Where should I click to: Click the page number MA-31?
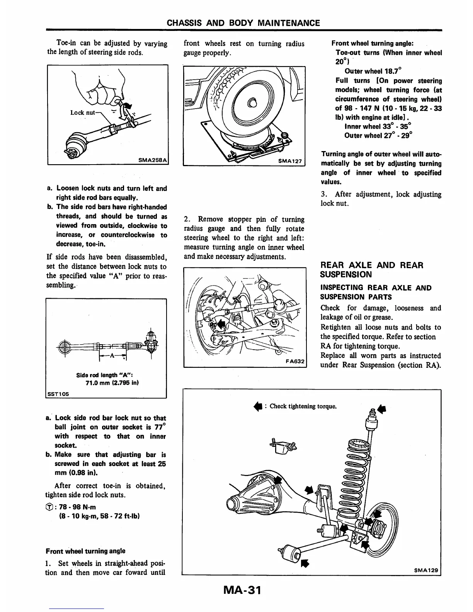236,590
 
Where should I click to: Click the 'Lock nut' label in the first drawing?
82,112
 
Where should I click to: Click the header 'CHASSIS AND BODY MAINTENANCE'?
243,23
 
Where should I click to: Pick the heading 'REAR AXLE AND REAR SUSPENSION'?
372,270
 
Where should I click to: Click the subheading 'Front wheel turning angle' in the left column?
85,551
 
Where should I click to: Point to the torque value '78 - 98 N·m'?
76,507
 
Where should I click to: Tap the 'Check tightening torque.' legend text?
303,406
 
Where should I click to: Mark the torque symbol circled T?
49,507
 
